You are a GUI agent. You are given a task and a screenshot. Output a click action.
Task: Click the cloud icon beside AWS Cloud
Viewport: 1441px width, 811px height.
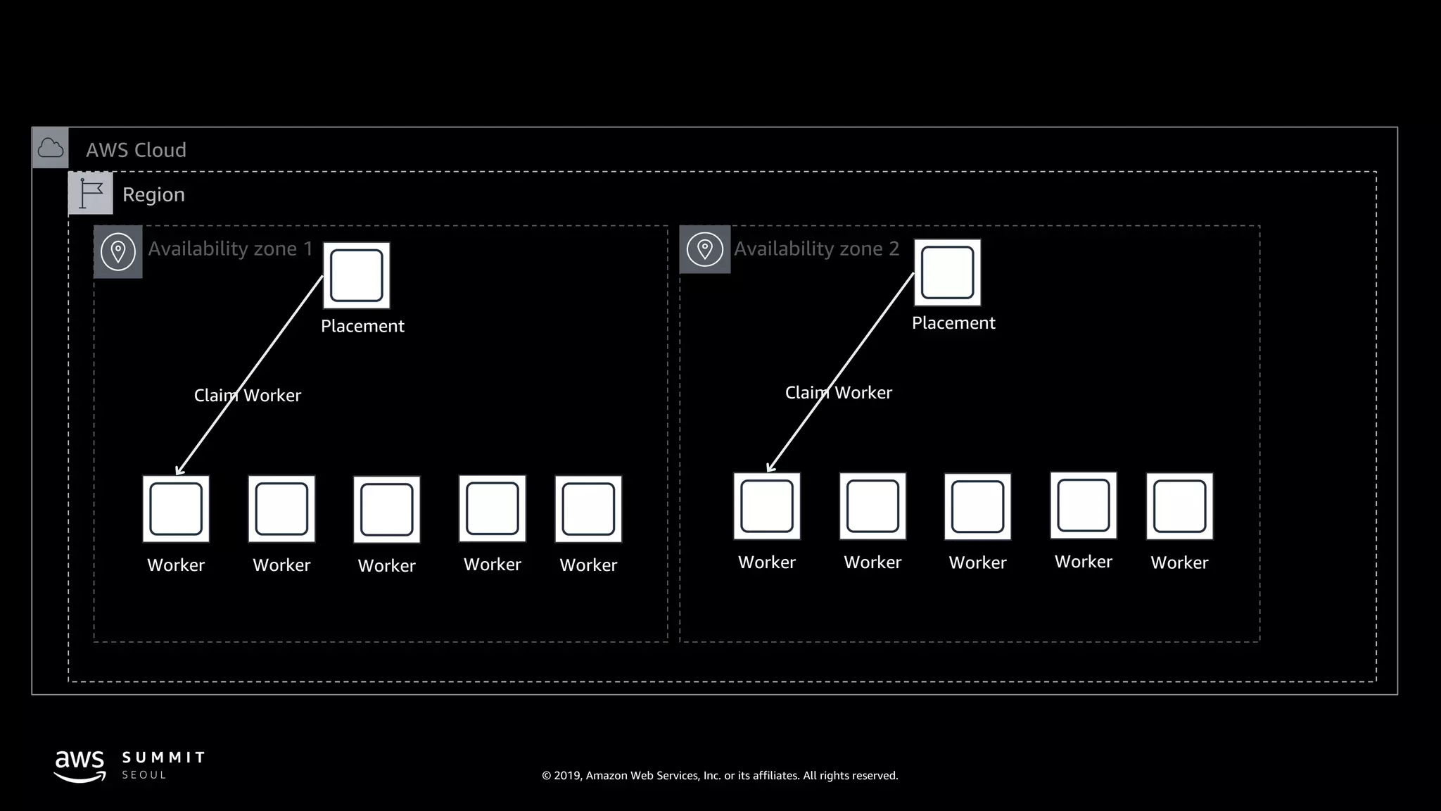coord(51,148)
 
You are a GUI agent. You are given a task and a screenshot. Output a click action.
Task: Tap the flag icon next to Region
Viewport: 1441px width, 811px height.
coord(91,193)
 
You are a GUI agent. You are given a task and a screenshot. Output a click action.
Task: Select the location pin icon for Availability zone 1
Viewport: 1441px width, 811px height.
coord(118,251)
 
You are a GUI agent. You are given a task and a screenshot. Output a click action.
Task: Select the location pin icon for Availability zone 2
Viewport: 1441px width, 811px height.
coord(705,249)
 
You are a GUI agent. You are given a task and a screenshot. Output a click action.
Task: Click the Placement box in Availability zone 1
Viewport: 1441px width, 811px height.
coord(357,275)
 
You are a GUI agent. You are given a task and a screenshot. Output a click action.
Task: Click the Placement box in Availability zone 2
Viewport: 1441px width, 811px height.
coord(948,272)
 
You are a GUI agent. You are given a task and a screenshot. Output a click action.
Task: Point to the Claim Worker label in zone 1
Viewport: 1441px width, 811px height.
coord(248,396)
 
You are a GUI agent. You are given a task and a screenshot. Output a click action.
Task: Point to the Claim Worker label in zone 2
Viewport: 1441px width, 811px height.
coord(839,393)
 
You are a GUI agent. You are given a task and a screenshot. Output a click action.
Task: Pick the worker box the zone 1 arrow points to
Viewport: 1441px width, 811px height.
coord(176,509)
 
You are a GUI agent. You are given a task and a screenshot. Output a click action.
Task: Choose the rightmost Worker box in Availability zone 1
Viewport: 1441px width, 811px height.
coord(588,509)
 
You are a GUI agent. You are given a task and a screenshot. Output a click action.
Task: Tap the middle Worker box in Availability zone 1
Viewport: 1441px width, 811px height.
coord(387,510)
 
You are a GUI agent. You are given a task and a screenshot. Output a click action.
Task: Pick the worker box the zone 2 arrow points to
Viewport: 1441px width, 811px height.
coord(767,506)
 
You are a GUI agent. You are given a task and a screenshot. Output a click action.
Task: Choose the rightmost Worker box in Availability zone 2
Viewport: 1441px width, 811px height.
coord(1180,506)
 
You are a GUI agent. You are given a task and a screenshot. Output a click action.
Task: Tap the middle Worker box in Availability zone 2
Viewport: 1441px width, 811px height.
coord(978,507)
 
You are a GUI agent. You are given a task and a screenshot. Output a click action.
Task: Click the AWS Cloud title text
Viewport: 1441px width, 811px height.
coord(137,150)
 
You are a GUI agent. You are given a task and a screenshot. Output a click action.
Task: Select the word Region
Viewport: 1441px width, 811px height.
coord(153,194)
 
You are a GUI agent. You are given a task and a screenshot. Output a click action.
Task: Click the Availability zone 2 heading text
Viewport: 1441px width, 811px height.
coord(817,249)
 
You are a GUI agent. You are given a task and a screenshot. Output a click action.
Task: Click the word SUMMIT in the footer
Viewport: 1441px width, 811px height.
coord(163,757)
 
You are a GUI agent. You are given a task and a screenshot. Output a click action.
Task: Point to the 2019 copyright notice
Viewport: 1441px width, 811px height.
coord(720,776)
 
